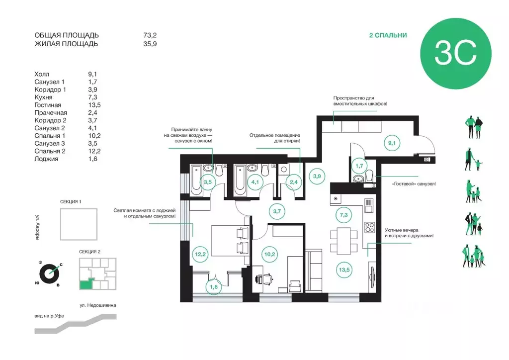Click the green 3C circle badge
click(x=456, y=54)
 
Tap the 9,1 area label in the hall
click(x=392, y=143)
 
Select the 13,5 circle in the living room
click(x=344, y=270)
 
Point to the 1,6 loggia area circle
click(x=214, y=286)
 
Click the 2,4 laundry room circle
click(x=294, y=182)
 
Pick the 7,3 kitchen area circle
click(x=343, y=215)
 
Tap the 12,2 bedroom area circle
click(x=200, y=254)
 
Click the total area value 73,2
click(x=150, y=35)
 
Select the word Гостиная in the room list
click(x=48, y=105)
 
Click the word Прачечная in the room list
click(x=51, y=113)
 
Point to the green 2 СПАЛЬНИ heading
click(x=388, y=35)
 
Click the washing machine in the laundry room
click(x=283, y=169)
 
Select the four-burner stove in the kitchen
click(x=370, y=227)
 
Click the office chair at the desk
click(x=263, y=278)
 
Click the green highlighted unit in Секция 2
click(x=86, y=284)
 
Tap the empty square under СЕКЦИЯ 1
click(x=79, y=224)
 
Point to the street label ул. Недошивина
click(x=98, y=305)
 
